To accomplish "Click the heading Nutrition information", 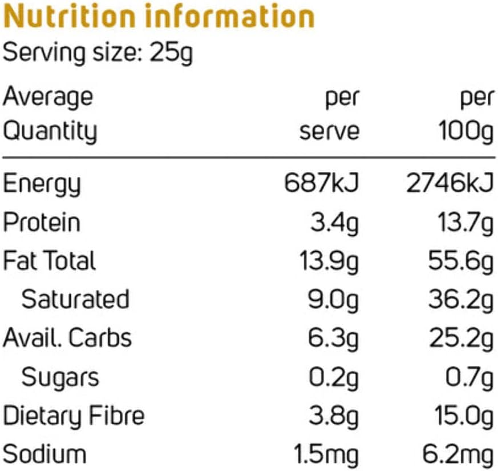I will click(x=159, y=17).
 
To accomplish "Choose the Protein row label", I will click(x=42, y=223).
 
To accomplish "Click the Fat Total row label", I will click(x=50, y=261).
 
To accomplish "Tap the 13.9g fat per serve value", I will click(x=329, y=261).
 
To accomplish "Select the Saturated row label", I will click(x=75, y=299).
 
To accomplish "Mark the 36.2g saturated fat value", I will click(x=460, y=299).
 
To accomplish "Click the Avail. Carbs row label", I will click(x=67, y=338).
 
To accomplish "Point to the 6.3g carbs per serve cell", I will click(x=334, y=338).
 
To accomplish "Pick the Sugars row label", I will click(x=60, y=377).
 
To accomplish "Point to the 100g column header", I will click(x=465, y=132).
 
